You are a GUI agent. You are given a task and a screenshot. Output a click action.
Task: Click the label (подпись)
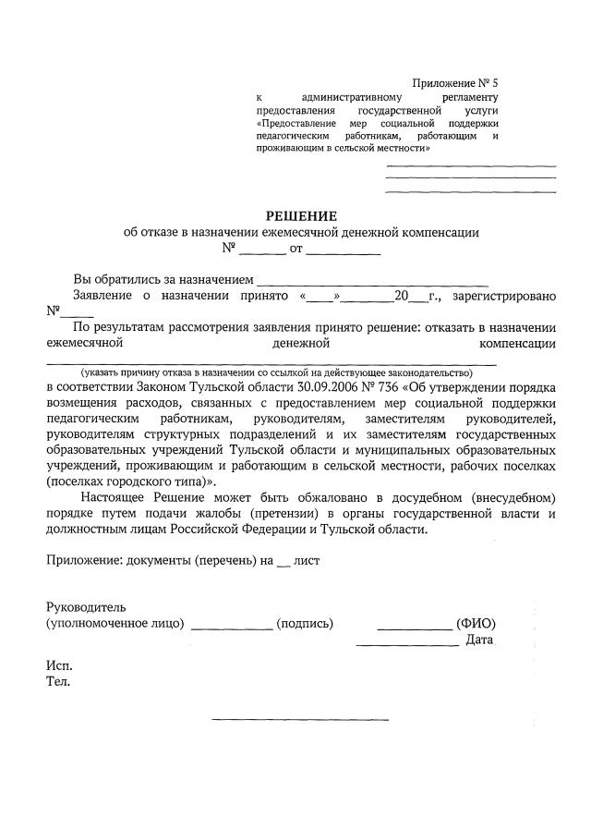305,624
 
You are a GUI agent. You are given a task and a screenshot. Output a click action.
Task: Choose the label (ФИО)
474,624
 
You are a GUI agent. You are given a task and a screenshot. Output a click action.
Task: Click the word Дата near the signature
479,640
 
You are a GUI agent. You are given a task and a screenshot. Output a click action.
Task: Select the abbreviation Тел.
57,683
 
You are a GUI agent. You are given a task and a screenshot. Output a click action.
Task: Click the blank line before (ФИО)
415,628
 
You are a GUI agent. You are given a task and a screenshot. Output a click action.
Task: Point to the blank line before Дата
407,644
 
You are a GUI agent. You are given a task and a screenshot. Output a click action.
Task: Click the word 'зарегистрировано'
504,297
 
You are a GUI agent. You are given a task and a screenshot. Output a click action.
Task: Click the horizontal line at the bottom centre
299,718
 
